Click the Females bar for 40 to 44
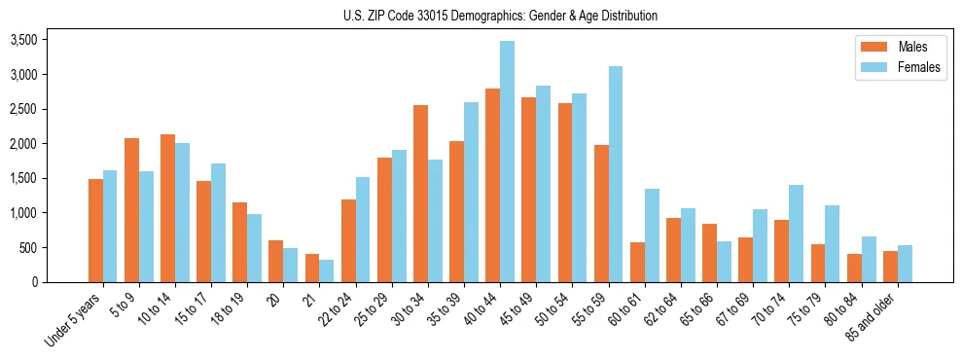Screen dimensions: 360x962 pyautogui.click(x=507, y=162)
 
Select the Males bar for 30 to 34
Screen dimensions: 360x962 pyautogui.click(x=420, y=194)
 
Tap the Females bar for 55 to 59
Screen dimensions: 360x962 pyautogui.click(x=616, y=174)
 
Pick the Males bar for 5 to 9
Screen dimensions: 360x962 pyautogui.click(x=131, y=210)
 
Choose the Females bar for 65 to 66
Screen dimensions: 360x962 pyautogui.click(x=724, y=262)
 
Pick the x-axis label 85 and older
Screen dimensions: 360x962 pyautogui.click(x=872, y=313)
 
